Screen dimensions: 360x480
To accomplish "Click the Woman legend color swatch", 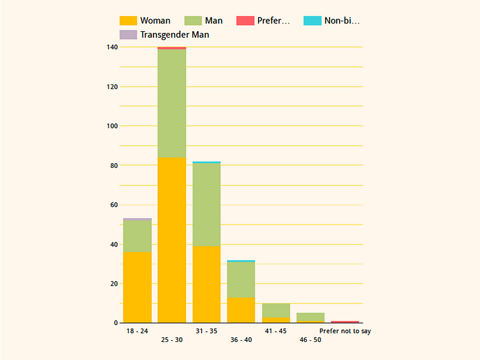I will point(128,21).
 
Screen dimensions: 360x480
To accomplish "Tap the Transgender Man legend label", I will point(175,35).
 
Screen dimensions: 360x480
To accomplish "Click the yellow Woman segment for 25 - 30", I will point(172,240).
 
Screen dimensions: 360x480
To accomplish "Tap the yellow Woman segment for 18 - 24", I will point(137,287).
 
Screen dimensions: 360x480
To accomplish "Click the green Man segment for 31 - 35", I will point(206,205).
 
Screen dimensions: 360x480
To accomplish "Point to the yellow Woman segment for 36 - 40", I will point(241,310).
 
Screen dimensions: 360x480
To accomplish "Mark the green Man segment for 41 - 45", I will point(276,310).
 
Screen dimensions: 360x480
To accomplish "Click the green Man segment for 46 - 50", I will point(311,317).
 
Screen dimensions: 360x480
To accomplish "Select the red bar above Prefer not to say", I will point(345,322).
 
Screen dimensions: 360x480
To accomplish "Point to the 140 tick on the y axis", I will point(111,47).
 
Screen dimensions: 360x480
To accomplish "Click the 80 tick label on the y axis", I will point(113,165).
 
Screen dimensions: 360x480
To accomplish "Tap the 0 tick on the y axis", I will point(115,323).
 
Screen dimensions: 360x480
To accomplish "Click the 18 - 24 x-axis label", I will point(137,331).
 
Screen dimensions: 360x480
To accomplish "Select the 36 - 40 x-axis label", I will point(241,340).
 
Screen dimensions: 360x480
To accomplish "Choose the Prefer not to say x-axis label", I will point(345,331).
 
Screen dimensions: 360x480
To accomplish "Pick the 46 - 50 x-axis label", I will point(311,340).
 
